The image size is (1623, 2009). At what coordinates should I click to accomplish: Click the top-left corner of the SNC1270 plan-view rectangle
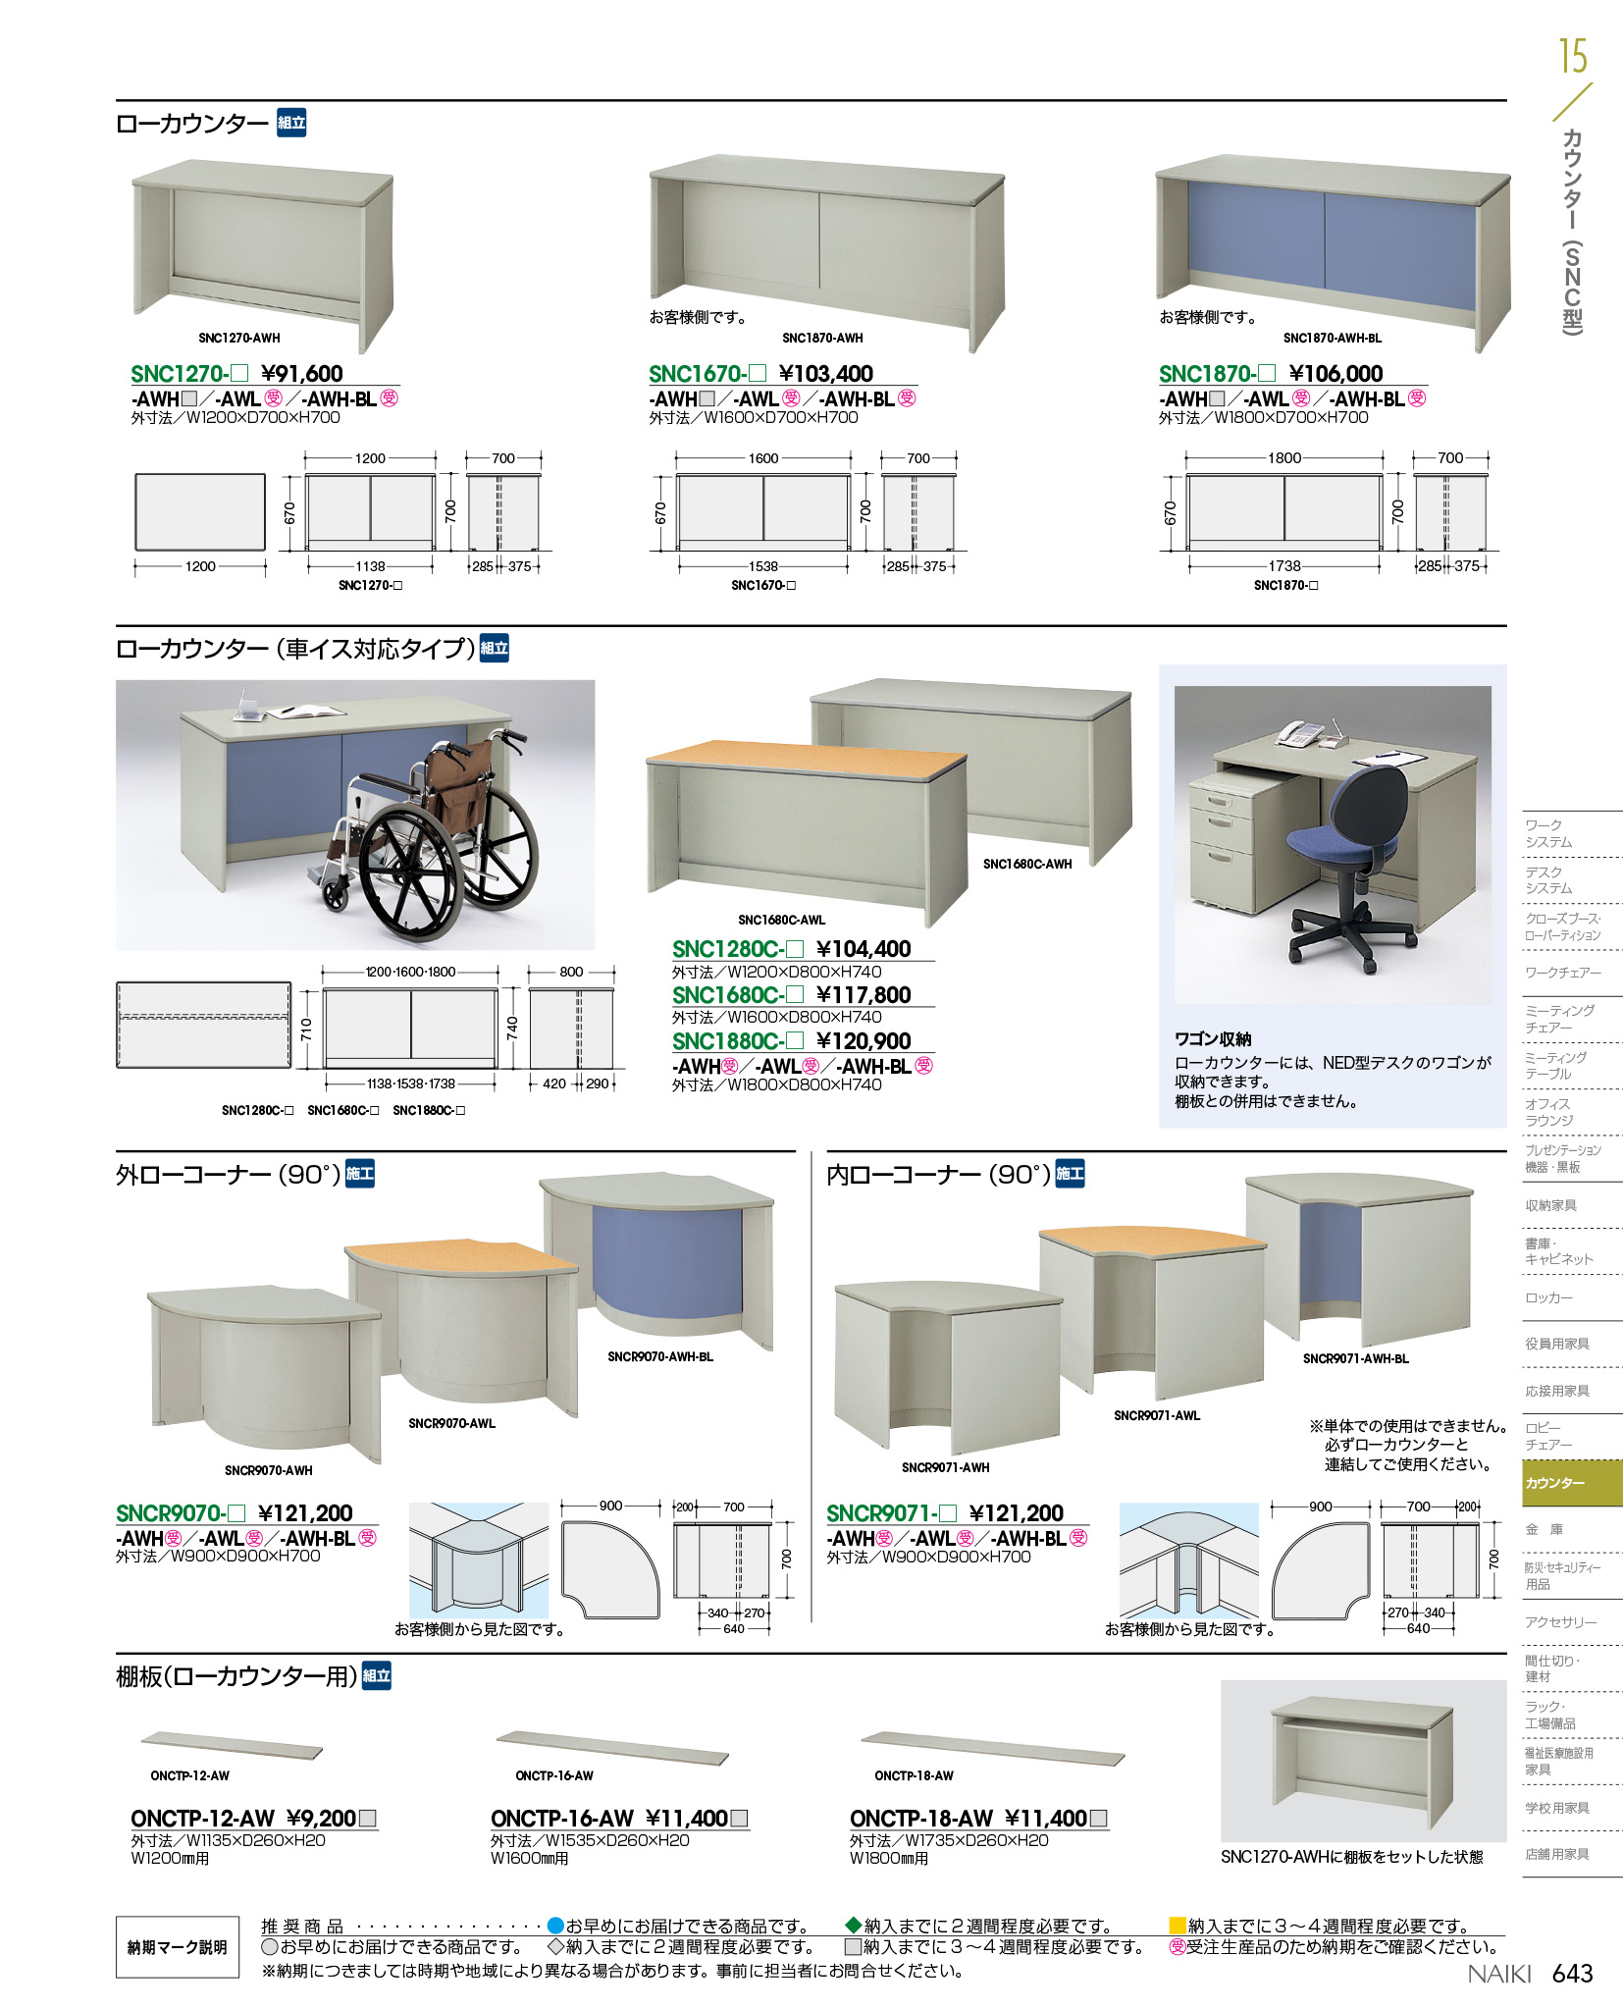[135, 475]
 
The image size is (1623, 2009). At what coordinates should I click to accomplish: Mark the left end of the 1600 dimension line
[676, 458]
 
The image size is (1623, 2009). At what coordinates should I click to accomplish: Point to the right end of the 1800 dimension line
[1383, 458]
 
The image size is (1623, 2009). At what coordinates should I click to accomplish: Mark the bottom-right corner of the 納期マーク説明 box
[239, 1978]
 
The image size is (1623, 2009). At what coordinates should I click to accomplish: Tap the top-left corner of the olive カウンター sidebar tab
[1523, 1460]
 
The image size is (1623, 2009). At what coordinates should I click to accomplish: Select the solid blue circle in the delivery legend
[555, 1926]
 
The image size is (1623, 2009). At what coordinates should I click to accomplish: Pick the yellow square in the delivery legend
[1178, 1926]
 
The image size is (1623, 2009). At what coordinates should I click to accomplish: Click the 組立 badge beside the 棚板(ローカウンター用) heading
[377, 1675]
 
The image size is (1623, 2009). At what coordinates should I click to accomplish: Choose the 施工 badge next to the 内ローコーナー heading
[1070, 1174]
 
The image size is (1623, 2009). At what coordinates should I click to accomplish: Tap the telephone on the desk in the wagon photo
[1301, 734]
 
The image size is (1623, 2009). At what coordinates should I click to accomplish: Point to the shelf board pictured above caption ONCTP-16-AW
[612, 1748]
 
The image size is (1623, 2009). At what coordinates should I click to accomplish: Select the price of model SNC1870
[1335, 374]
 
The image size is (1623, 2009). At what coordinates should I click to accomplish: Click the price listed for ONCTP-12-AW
[321, 1819]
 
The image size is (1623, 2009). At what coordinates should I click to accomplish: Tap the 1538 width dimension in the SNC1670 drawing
[763, 566]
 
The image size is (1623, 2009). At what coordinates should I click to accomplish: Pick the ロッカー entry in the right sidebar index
[1548, 1297]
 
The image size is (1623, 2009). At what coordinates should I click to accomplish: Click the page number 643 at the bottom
[1572, 1974]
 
